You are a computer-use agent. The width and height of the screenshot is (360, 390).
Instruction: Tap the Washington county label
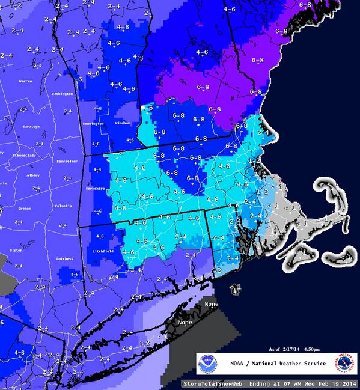point(62,94)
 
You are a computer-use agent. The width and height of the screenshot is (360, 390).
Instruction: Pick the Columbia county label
point(63,206)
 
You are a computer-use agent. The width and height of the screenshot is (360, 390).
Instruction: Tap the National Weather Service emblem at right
point(343,364)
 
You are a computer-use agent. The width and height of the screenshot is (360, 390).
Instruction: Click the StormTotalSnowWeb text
point(210,383)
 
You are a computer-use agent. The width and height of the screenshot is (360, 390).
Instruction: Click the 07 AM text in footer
point(285,383)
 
